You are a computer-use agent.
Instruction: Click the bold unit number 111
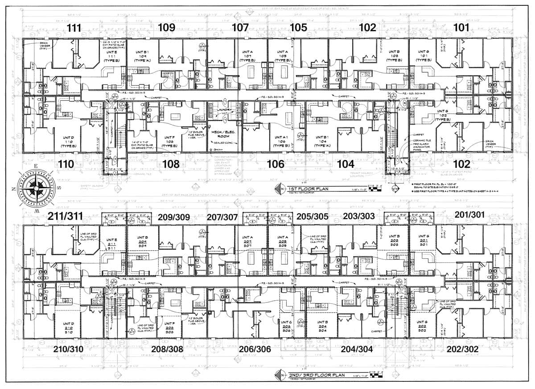click(x=74, y=28)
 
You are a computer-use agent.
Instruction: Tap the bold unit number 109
click(x=166, y=28)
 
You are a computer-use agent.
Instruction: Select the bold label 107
click(x=240, y=28)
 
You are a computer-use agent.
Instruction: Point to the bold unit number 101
click(x=461, y=28)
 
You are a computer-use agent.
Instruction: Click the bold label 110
click(x=66, y=164)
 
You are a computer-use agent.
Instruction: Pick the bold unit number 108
click(x=171, y=164)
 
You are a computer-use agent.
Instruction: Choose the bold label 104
click(x=346, y=164)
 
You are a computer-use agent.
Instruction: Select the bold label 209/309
click(x=174, y=217)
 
